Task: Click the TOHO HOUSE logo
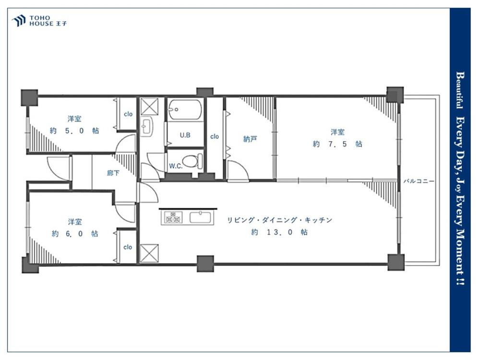(39, 21)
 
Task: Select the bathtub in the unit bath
(185, 109)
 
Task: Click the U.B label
(185, 135)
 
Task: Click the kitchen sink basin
(201, 217)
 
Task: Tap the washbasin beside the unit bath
(146, 126)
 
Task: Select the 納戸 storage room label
(250, 139)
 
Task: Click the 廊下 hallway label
(113, 173)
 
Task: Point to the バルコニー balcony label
(419, 181)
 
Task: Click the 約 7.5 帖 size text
(337, 144)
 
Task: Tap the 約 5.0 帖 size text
(74, 131)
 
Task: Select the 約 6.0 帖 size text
(75, 234)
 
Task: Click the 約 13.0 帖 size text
(279, 232)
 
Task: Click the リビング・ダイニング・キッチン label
(279, 220)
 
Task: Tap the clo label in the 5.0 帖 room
(128, 114)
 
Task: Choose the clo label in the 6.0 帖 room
(128, 247)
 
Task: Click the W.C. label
(176, 166)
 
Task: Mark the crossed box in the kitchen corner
(149, 253)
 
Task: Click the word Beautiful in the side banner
(459, 90)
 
